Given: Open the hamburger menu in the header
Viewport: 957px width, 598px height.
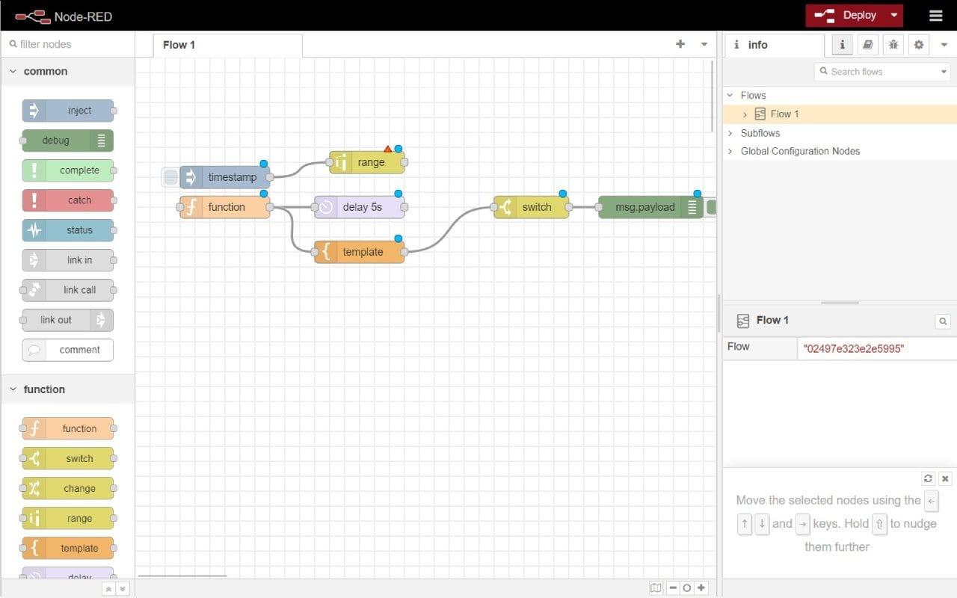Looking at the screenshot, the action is [x=935, y=16].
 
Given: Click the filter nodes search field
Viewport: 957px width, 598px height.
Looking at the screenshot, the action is [x=68, y=44].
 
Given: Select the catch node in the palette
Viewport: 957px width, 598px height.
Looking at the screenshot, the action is [x=68, y=200].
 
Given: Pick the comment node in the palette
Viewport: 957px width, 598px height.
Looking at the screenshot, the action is [x=68, y=350].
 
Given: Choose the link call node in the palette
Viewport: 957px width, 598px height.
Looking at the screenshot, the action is [x=68, y=290].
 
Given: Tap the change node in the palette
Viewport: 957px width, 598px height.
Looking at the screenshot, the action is [x=68, y=488].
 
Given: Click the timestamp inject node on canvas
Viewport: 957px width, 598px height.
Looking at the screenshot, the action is [x=225, y=177].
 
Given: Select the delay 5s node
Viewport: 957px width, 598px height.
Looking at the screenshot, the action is [x=360, y=207].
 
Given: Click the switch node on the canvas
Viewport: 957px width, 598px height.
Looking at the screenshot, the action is [x=531, y=207].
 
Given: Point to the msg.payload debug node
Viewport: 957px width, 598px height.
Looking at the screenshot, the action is [x=650, y=207].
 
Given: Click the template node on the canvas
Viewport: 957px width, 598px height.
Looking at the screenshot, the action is [x=360, y=252].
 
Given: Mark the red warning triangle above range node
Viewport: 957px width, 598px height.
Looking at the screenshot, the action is [x=387, y=149].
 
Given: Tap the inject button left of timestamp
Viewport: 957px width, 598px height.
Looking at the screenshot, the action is [x=170, y=177].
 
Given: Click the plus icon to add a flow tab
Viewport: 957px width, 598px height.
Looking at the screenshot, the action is [x=680, y=44].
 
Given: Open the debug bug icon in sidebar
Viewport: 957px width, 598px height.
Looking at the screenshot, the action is [x=893, y=44].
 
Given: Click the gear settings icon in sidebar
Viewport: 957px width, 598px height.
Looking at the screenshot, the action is [x=919, y=44].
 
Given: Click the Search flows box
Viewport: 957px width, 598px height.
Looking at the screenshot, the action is [x=881, y=72].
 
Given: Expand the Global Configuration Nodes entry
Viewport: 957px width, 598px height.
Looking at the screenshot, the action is [x=730, y=151].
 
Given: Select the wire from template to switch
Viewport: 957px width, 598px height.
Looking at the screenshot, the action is [x=449, y=229].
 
